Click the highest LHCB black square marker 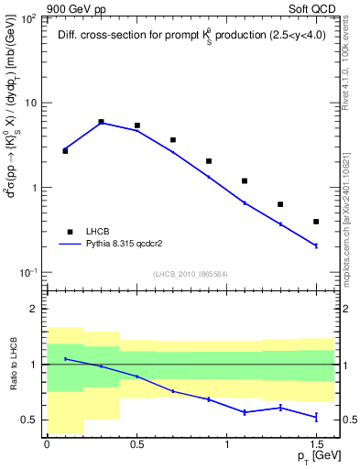tap(101, 121)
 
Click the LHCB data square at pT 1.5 tap(316, 222)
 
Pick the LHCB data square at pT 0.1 tap(65, 150)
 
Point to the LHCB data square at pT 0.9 tap(209, 161)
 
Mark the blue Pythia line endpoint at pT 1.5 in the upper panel tap(316, 245)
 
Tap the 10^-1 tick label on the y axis tap(29, 273)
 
